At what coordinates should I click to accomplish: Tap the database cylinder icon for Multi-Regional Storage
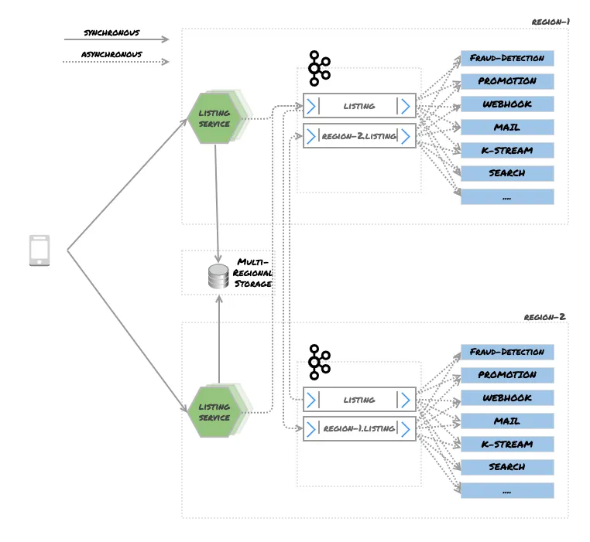coord(219,276)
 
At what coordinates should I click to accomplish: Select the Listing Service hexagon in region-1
coord(214,118)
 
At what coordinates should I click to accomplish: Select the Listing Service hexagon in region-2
coord(214,412)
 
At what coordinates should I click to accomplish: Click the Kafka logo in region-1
coord(318,68)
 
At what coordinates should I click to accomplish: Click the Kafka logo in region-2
coord(318,362)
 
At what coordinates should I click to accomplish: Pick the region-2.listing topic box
coord(359,136)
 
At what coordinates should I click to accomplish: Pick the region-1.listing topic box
coord(359,428)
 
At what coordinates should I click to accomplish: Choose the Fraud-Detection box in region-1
coord(507,58)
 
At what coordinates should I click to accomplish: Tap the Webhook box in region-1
coord(507,104)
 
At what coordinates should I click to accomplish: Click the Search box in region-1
coord(507,173)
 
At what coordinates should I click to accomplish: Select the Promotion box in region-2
coord(507,375)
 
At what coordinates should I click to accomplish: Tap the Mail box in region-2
coord(507,421)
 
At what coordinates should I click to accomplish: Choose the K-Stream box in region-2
coord(507,445)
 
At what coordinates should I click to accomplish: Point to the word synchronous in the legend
coord(111,32)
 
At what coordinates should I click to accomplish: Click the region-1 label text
coord(551,22)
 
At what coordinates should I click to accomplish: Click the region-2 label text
coord(544,317)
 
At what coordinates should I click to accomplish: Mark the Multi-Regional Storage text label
coord(254,273)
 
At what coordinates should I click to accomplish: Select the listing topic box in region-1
coord(359,106)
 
